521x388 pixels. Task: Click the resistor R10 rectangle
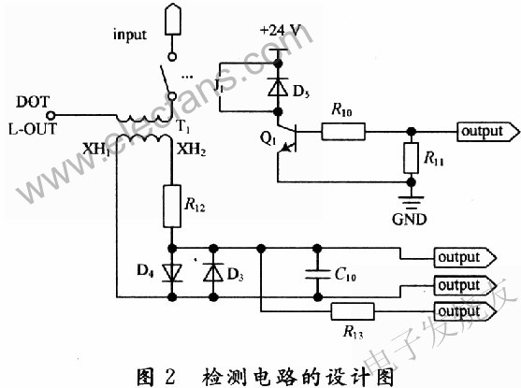pos(343,132)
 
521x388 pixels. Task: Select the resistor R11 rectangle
pos(411,158)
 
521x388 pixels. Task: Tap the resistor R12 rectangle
pos(172,206)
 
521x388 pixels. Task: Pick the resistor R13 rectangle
pos(353,311)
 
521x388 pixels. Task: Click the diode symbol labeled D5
pos(278,87)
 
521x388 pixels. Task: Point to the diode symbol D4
pos(172,273)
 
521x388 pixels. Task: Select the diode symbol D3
pos(213,272)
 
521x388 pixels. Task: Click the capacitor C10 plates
pos(318,274)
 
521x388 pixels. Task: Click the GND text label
pos(409,220)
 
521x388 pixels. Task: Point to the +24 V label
pos(280,31)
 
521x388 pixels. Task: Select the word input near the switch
pos(130,35)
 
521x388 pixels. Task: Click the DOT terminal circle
pos(51,116)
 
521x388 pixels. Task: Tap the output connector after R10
pos(487,132)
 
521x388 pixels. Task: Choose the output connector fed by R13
pos(465,311)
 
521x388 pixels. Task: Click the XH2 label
pos(192,150)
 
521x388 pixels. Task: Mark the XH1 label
pos(96,150)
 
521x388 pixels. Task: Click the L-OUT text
pos(33,129)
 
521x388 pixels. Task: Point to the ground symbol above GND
pos(412,202)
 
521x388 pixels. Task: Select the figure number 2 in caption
pos(169,378)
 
